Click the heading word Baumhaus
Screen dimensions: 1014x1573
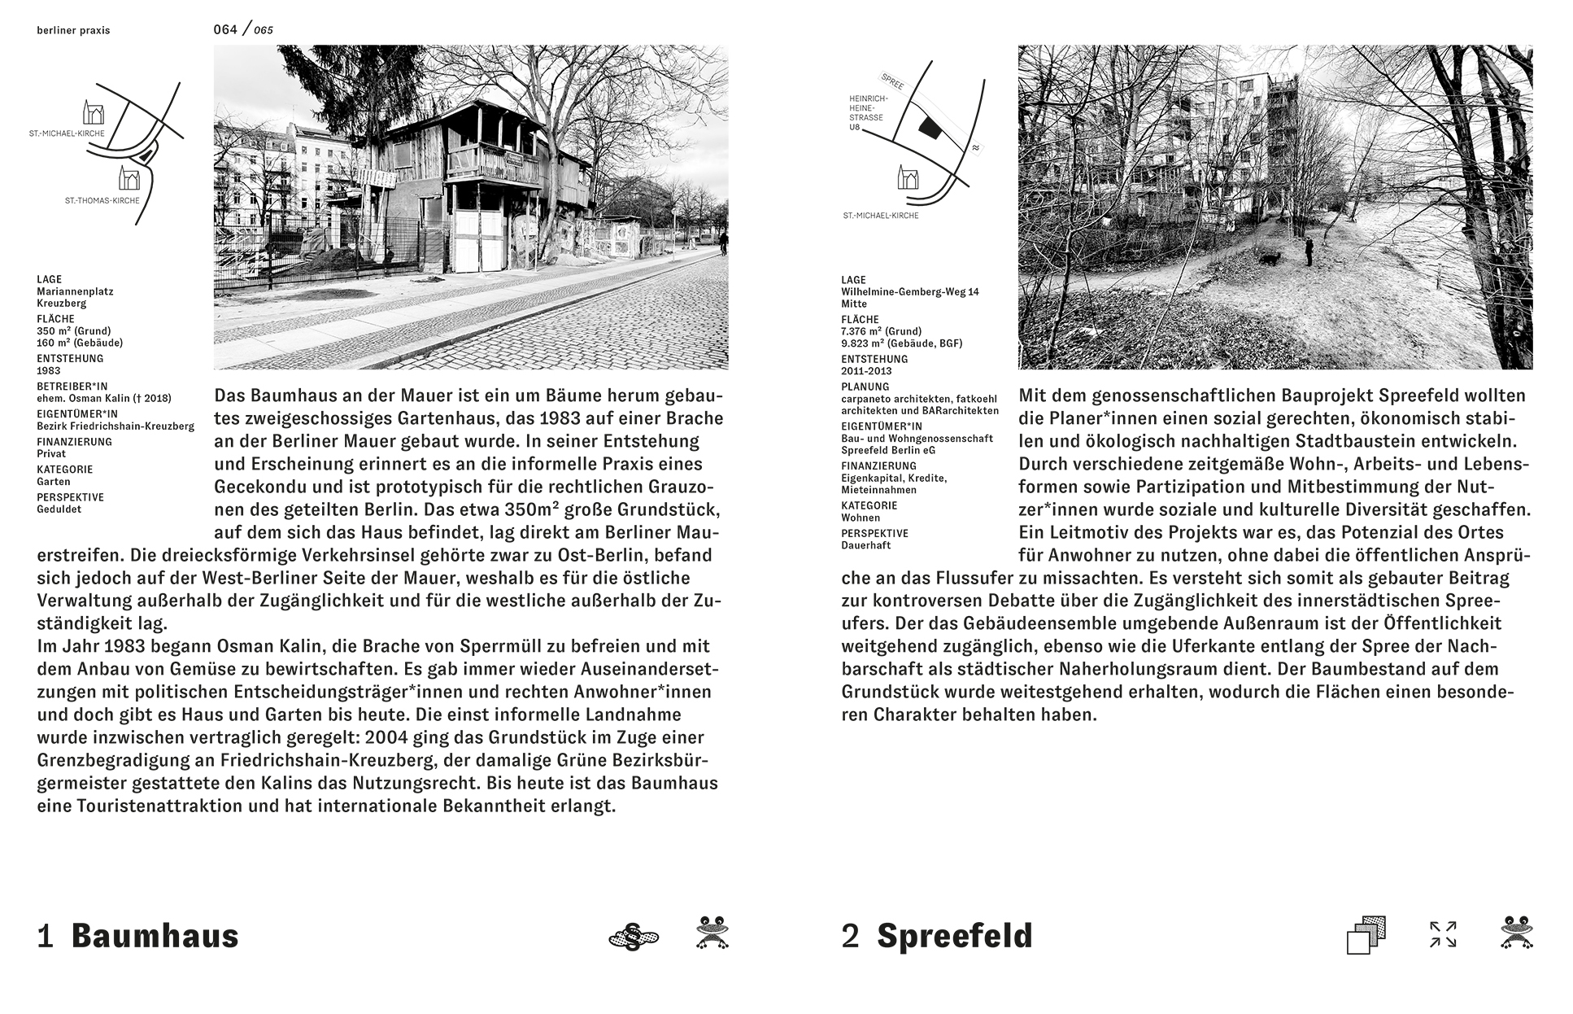155,936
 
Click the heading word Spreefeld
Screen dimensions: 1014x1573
954,936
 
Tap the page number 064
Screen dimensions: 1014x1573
225,30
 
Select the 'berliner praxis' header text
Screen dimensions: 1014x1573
73,31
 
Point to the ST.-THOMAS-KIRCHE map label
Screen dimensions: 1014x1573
102,200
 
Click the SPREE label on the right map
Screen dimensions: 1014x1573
893,81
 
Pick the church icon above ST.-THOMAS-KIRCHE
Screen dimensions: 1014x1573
129,177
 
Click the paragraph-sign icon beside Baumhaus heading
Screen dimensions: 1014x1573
634,937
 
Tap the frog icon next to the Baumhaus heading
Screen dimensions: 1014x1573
712,933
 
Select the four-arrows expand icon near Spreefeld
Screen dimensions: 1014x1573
1443,934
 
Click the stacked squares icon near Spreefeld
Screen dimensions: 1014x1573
1366,935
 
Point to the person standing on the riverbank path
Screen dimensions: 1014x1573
1308,251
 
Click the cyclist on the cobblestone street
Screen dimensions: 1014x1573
722,243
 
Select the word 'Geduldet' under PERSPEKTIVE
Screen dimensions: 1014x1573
59,509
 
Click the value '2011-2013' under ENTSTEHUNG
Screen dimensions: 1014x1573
865,371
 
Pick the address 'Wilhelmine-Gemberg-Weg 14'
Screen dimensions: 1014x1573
910,292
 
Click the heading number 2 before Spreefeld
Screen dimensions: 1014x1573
850,936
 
